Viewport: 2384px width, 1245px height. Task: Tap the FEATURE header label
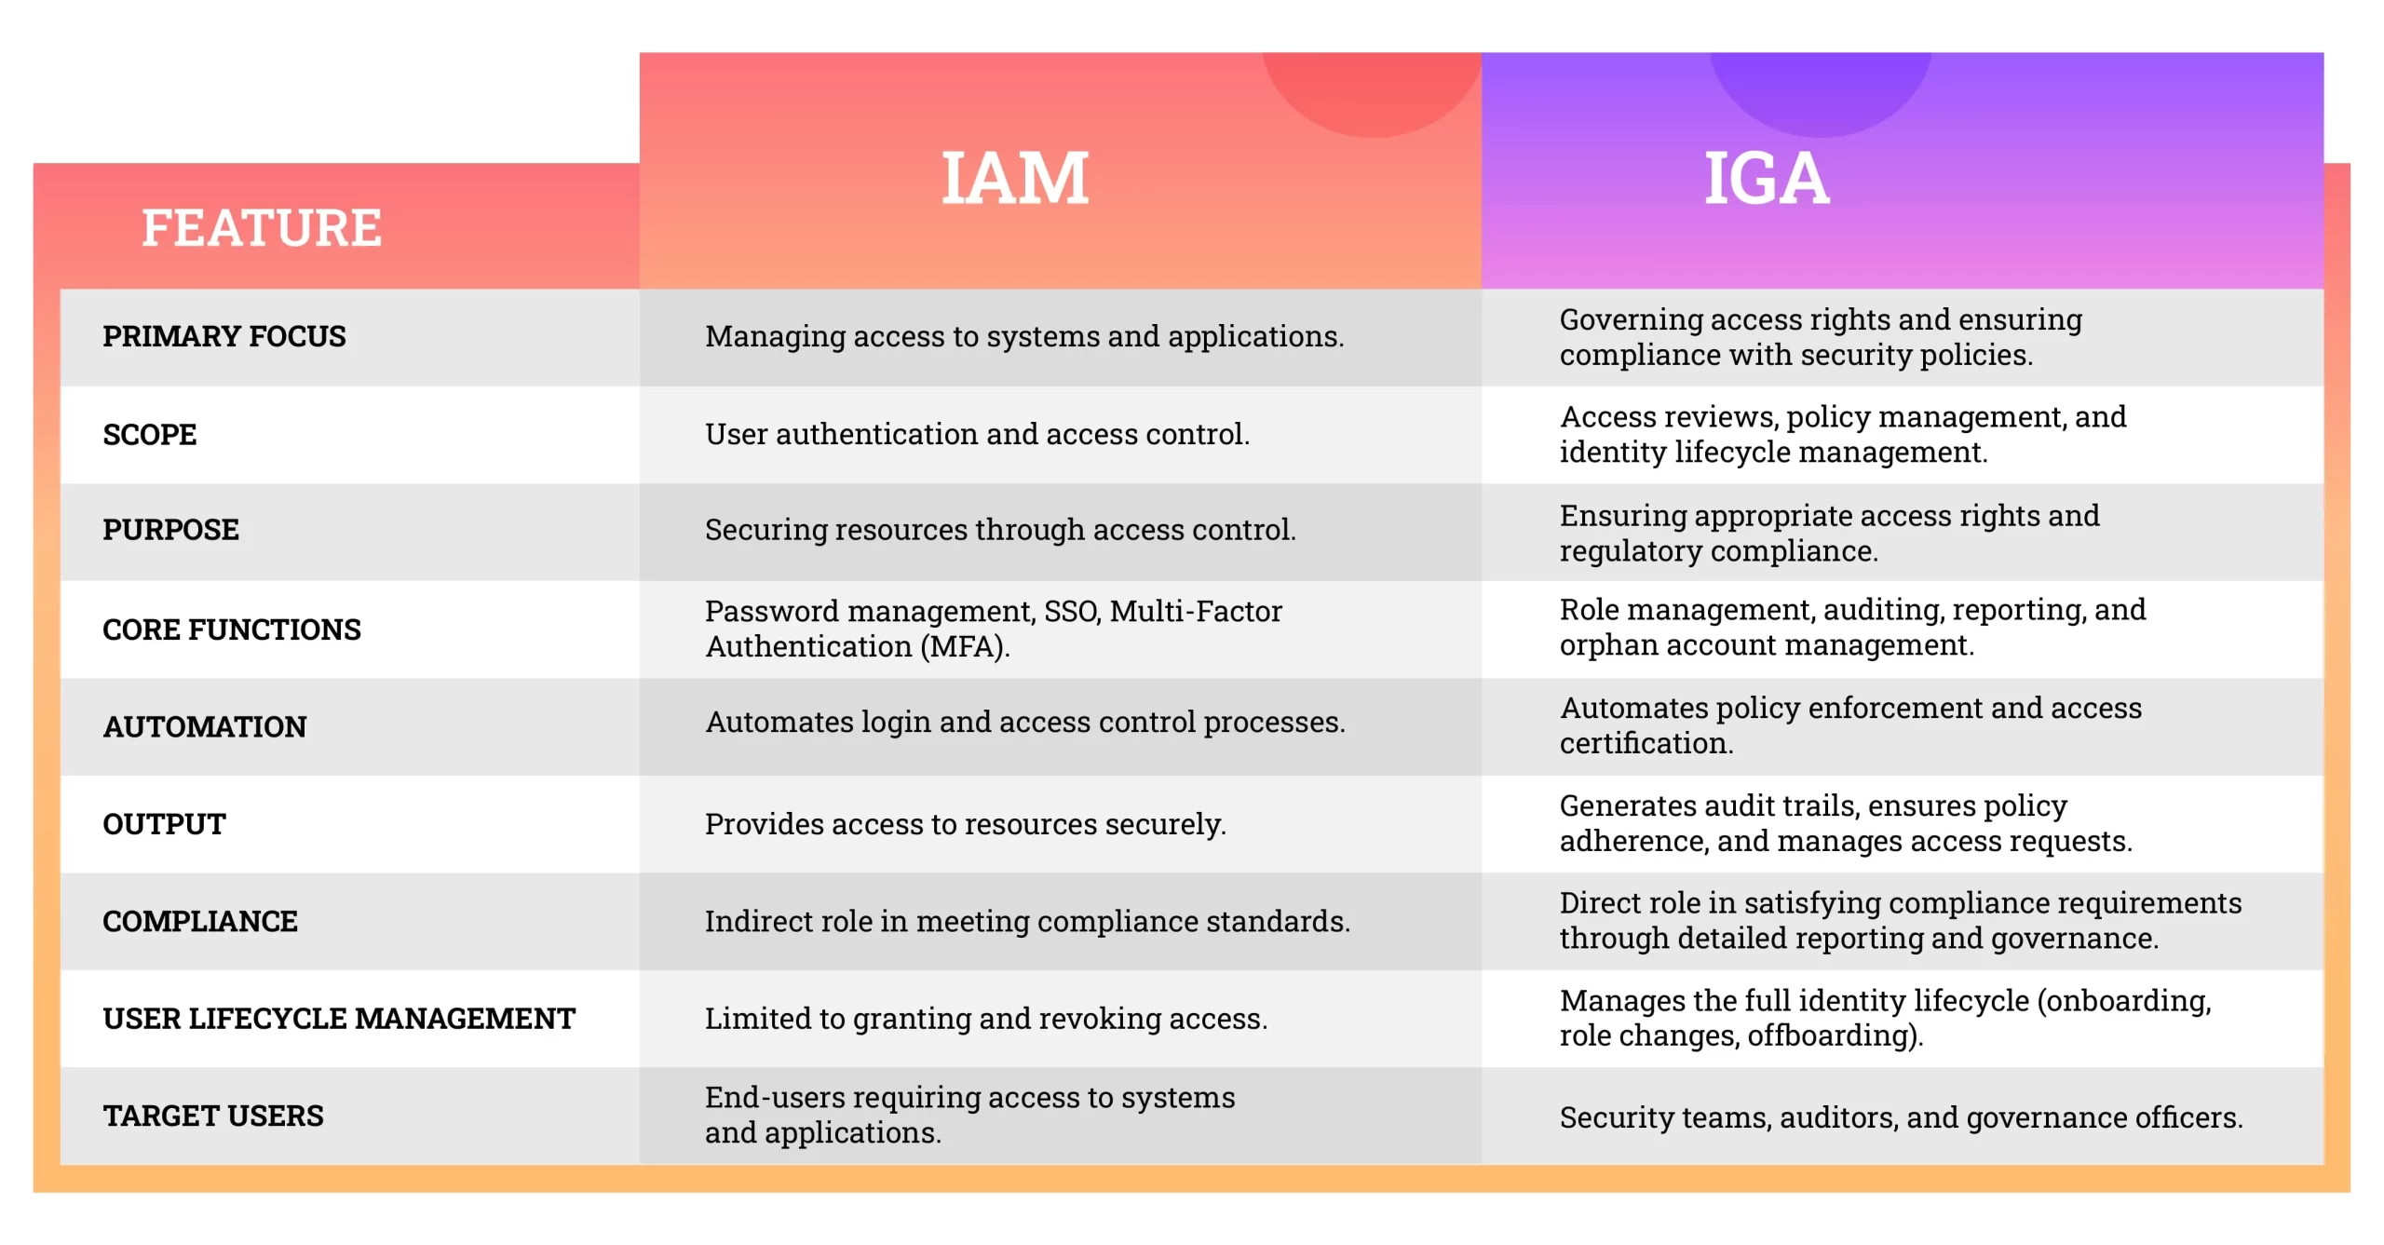click(x=262, y=227)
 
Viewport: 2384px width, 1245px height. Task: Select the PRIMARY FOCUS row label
click(x=224, y=336)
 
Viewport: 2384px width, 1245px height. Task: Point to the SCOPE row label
click(x=150, y=434)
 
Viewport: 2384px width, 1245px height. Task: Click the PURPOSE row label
click(x=170, y=529)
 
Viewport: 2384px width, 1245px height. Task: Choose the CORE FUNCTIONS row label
click(x=232, y=629)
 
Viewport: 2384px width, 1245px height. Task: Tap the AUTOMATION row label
click(x=205, y=726)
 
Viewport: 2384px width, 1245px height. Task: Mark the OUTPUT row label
click(x=164, y=824)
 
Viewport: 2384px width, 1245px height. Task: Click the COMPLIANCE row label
click(x=200, y=921)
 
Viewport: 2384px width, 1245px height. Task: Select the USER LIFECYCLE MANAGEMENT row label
click(x=339, y=1018)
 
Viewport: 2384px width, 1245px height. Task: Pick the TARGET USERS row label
click(x=213, y=1116)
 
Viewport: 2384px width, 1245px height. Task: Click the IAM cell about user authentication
click(x=978, y=434)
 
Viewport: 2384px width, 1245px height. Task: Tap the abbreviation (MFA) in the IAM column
click(x=965, y=646)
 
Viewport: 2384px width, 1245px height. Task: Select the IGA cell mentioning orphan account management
click(x=1853, y=628)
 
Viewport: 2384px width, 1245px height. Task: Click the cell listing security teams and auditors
click(x=1902, y=1116)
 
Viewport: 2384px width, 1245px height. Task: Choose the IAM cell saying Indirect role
click(x=1028, y=921)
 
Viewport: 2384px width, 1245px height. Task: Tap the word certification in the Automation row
click(x=1646, y=743)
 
